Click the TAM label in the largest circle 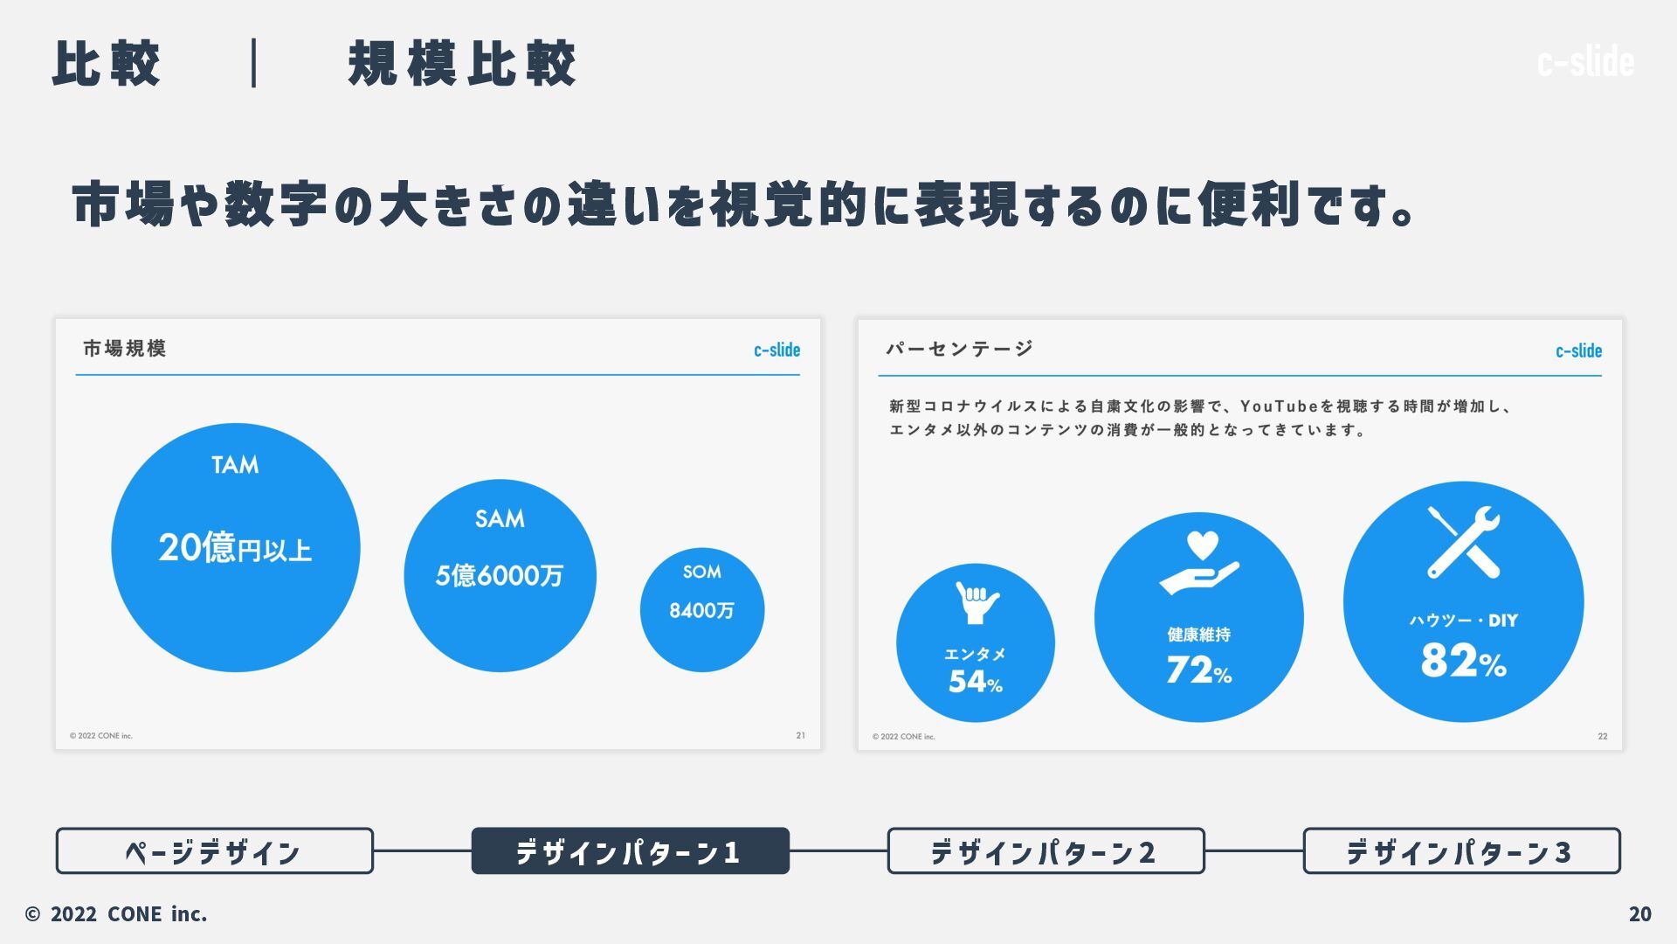pyautogui.click(x=235, y=465)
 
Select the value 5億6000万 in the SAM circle pyautogui.click(x=500, y=575)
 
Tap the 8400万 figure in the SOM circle pyautogui.click(x=701, y=610)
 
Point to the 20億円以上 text pyautogui.click(x=235, y=548)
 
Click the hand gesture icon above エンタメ pyautogui.click(x=977, y=602)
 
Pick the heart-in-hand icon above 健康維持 pyautogui.click(x=1199, y=563)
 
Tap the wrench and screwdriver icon pyautogui.click(x=1464, y=542)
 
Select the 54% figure pyautogui.click(x=975, y=682)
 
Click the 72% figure pyautogui.click(x=1198, y=671)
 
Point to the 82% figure pyautogui.click(x=1463, y=661)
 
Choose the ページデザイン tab pyautogui.click(x=215, y=851)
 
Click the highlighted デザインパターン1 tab pyautogui.click(x=630, y=851)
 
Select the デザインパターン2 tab pyautogui.click(x=1046, y=851)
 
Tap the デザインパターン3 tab pyautogui.click(x=1461, y=851)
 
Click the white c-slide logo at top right pyautogui.click(x=1585, y=62)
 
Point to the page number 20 pyautogui.click(x=1639, y=914)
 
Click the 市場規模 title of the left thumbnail pyautogui.click(x=125, y=349)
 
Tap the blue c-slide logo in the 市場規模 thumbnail pyautogui.click(x=776, y=351)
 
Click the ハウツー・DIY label pyautogui.click(x=1463, y=621)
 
